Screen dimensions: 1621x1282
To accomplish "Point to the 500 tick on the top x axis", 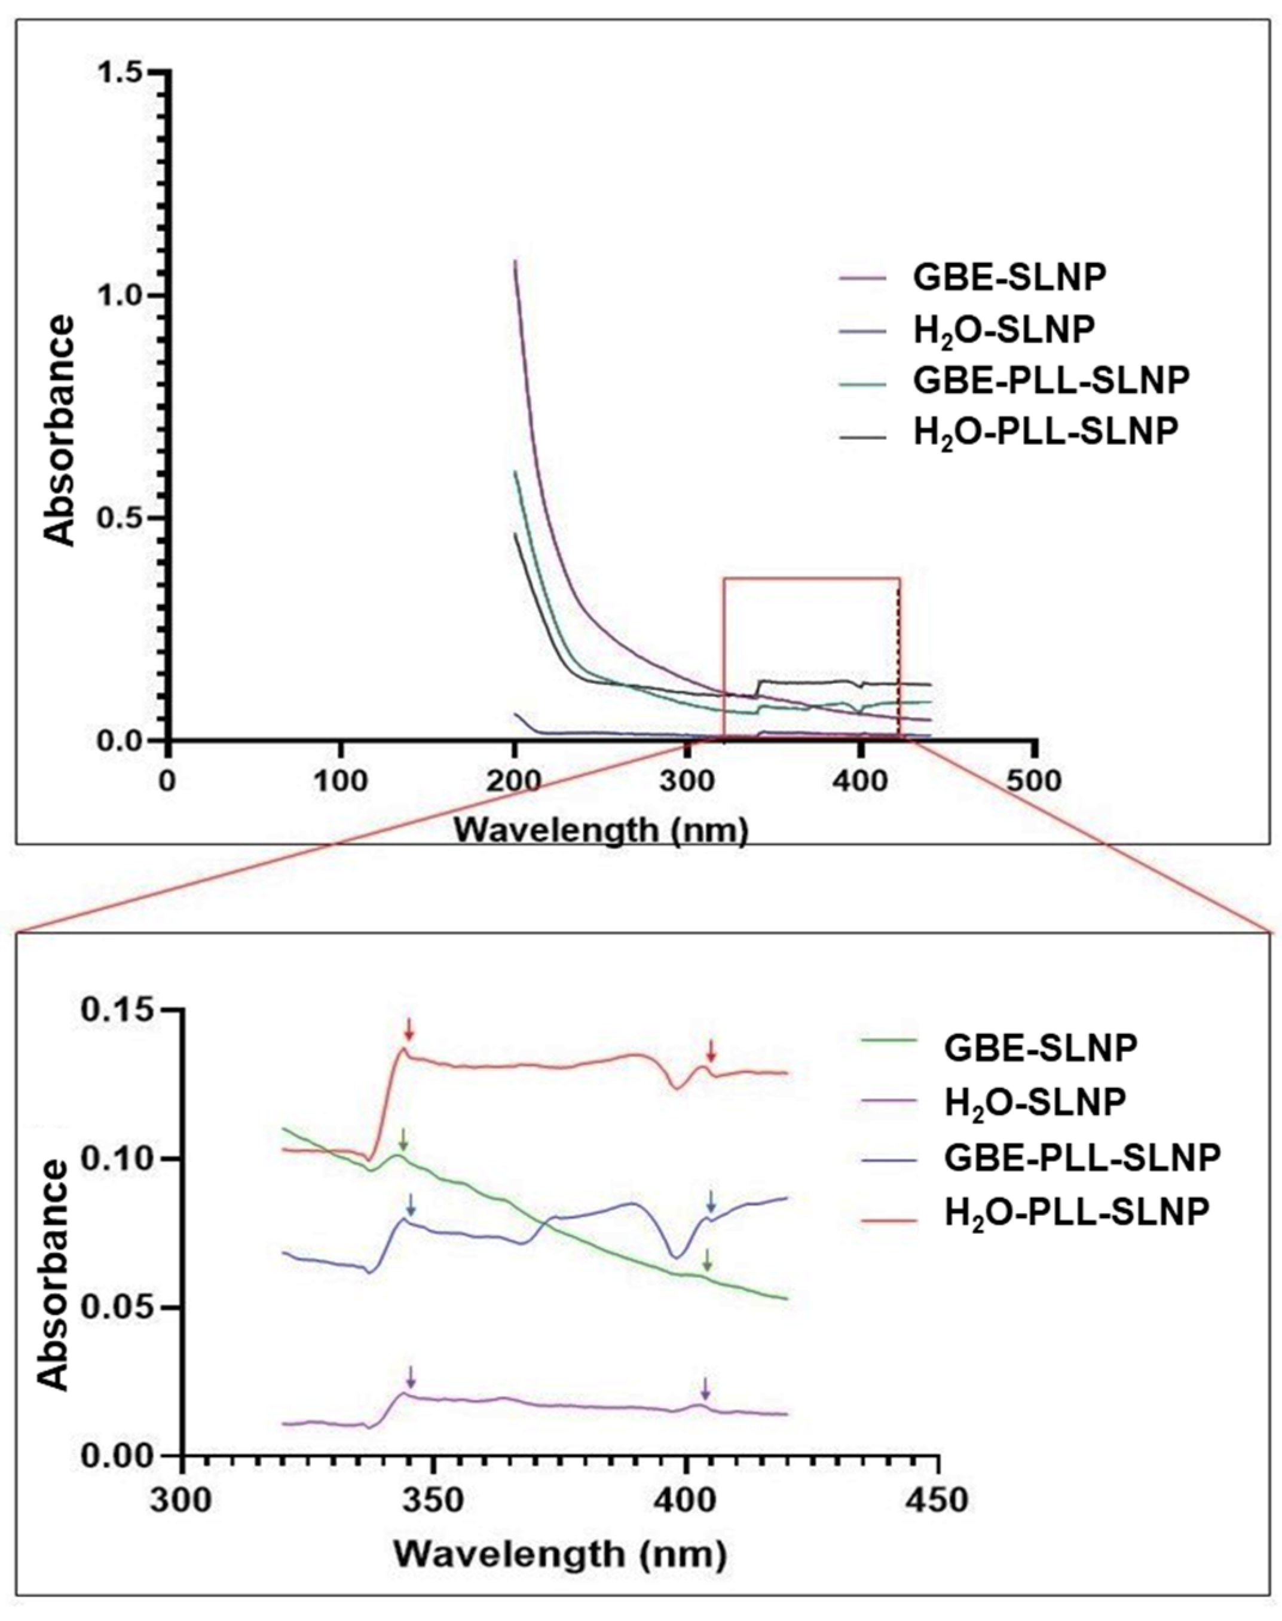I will (x=1036, y=781).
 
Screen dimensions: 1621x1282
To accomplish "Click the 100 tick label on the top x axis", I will (x=341, y=781).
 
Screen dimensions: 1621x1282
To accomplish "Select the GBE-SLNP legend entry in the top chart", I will (x=1008, y=278).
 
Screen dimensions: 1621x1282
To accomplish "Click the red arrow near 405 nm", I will (x=712, y=1050).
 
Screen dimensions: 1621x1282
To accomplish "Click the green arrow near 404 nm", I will (x=706, y=1260).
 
